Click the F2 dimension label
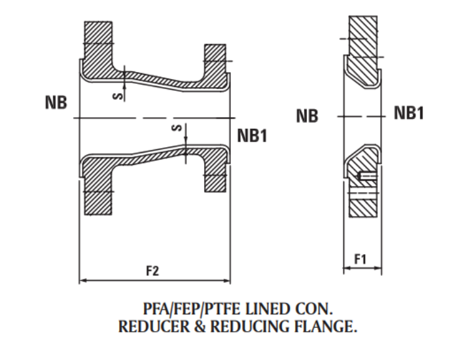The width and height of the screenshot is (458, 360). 152,270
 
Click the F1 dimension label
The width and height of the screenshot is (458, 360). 360,259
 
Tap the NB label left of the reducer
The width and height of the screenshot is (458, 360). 56,103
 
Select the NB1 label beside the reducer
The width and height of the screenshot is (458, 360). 252,135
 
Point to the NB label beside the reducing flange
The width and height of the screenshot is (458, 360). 307,117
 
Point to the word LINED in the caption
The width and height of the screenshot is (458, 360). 262,308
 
